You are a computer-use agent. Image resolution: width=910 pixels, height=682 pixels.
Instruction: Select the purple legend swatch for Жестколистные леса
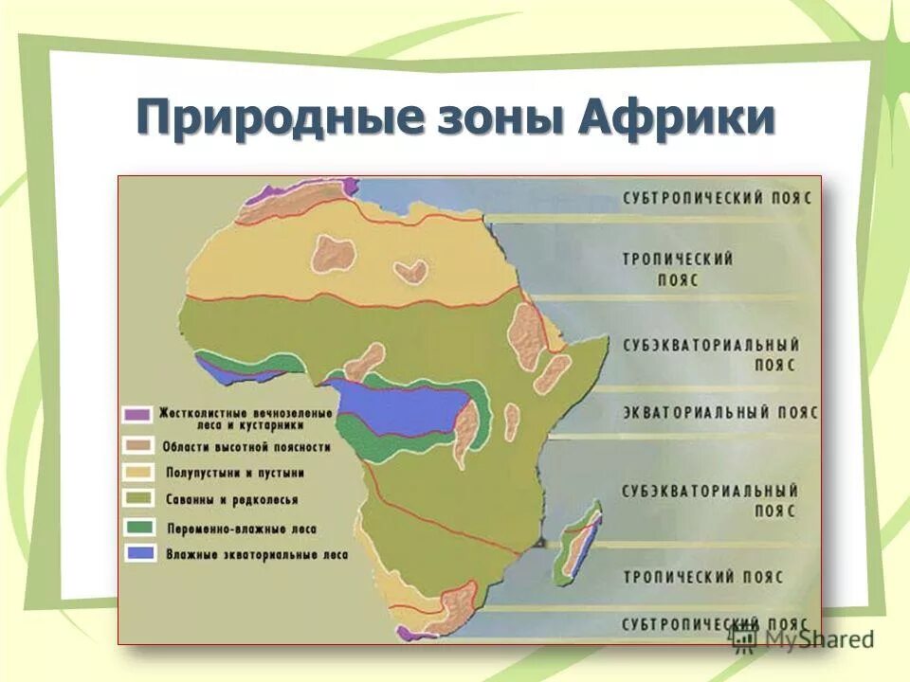[137, 414]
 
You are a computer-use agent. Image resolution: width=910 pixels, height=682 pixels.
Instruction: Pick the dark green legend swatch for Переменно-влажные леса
[137, 527]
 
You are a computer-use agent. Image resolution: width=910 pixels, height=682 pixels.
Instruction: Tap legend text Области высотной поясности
[246, 445]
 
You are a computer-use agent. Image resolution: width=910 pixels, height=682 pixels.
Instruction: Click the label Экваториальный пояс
[720, 413]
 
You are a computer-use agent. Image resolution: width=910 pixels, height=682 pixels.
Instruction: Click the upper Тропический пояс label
[677, 269]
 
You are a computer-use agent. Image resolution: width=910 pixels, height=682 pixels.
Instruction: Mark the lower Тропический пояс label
[702, 576]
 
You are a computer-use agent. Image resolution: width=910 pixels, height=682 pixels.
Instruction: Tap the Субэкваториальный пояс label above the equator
[711, 353]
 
